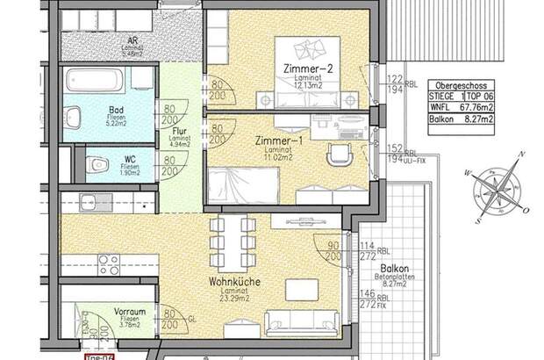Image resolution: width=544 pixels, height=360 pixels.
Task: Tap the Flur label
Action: (x=172, y=133)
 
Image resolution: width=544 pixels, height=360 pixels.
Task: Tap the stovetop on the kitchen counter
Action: (x=107, y=261)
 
